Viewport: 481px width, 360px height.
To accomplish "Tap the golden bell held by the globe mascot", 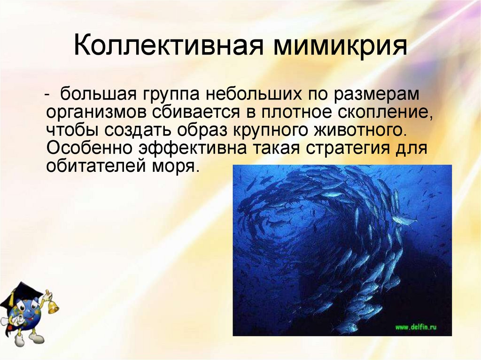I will pos(53,307).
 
